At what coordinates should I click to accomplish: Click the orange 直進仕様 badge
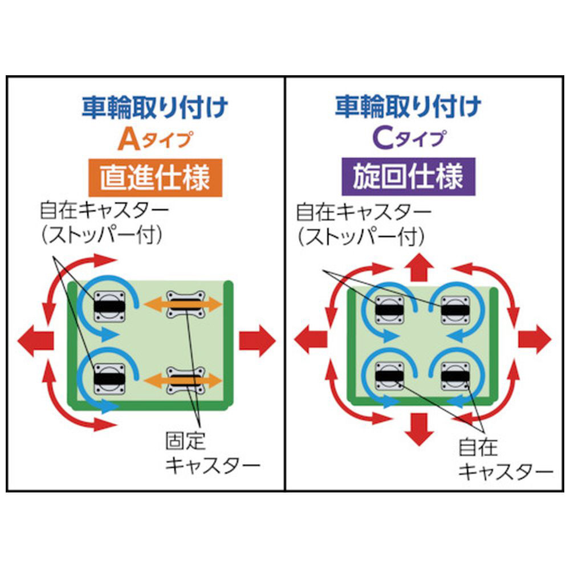coord(155,178)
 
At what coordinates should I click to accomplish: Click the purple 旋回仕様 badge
coord(408,177)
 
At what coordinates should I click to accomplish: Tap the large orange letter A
coord(129,140)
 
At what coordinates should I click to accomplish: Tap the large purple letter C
coord(383,139)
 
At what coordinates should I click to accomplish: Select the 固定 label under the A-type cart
coord(185,441)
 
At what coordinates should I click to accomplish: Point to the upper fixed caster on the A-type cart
coord(185,304)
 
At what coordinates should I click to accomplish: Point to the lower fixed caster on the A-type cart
coord(185,381)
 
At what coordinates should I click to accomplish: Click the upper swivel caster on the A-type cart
coord(109,307)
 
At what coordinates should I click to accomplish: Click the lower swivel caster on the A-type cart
coord(109,378)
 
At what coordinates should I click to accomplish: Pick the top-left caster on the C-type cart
coord(389,310)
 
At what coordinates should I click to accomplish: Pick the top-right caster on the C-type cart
coord(455,310)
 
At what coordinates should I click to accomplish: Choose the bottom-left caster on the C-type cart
coord(389,376)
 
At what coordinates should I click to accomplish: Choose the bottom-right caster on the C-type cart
coord(455,376)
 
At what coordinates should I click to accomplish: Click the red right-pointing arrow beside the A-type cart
coord(257,341)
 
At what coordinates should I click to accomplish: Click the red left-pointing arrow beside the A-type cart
coord(35,341)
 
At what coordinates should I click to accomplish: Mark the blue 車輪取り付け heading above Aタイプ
coord(154,107)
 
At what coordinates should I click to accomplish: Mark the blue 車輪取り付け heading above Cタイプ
coord(408,106)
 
